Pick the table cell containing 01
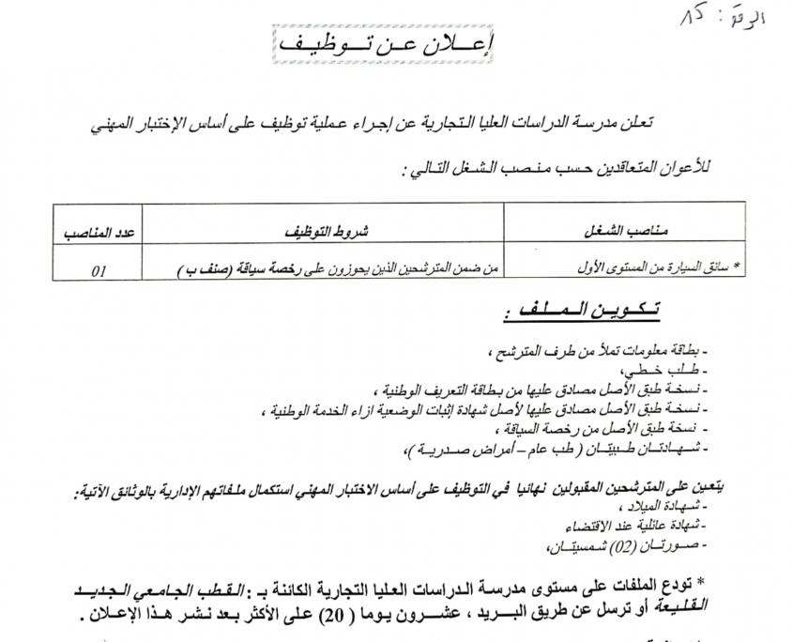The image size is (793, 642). click(x=99, y=269)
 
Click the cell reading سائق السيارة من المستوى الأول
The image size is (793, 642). click(x=658, y=267)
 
